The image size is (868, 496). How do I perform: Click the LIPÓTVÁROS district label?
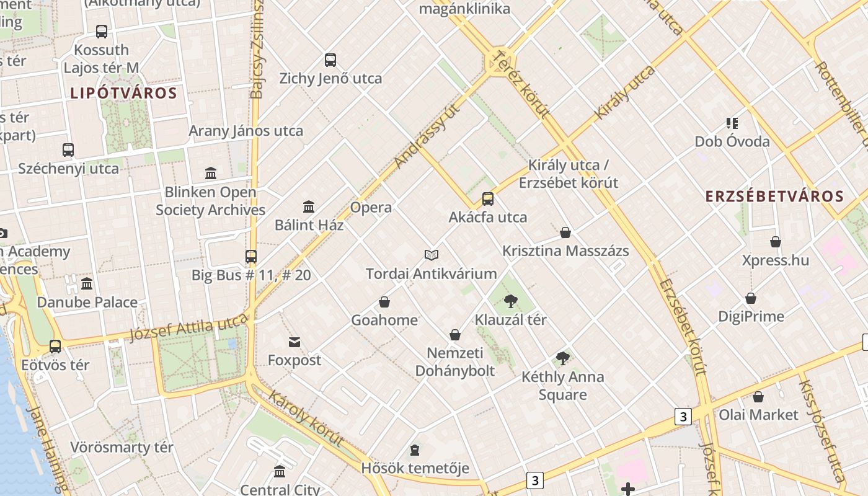click(x=123, y=94)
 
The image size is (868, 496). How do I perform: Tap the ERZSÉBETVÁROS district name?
click(x=774, y=197)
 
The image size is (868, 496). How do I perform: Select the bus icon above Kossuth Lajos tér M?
click(x=102, y=31)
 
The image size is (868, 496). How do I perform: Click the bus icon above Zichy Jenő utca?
click(x=330, y=60)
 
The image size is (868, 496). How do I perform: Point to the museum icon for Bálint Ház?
click(x=309, y=206)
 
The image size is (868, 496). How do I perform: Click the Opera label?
click(x=371, y=208)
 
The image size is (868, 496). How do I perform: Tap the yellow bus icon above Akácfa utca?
click(x=488, y=199)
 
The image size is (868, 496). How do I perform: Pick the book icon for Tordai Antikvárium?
click(x=432, y=255)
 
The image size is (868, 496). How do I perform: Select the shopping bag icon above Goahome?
click(x=384, y=302)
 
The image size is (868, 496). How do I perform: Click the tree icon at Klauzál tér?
click(x=510, y=301)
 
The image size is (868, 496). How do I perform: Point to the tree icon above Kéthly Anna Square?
click(x=563, y=358)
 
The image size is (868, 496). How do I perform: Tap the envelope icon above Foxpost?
click(x=294, y=342)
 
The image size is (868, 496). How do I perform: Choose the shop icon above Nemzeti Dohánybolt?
click(x=455, y=335)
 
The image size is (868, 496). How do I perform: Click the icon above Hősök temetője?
click(x=415, y=449)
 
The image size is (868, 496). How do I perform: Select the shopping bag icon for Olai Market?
click(x=758, y=397)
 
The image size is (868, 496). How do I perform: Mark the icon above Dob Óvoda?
click(x=732, y=123)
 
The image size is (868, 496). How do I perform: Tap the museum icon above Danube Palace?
click(x=87, y=284)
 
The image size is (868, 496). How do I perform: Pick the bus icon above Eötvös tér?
click(x=55, y=347)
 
